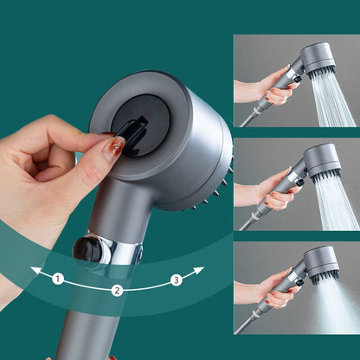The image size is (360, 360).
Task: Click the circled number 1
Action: click(58, 279)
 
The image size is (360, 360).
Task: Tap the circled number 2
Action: click(118, 292)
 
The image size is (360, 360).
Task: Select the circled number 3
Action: click(176, 279)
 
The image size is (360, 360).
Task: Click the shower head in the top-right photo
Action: click(318, 59)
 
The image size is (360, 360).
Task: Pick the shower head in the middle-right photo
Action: click(321, 161)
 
